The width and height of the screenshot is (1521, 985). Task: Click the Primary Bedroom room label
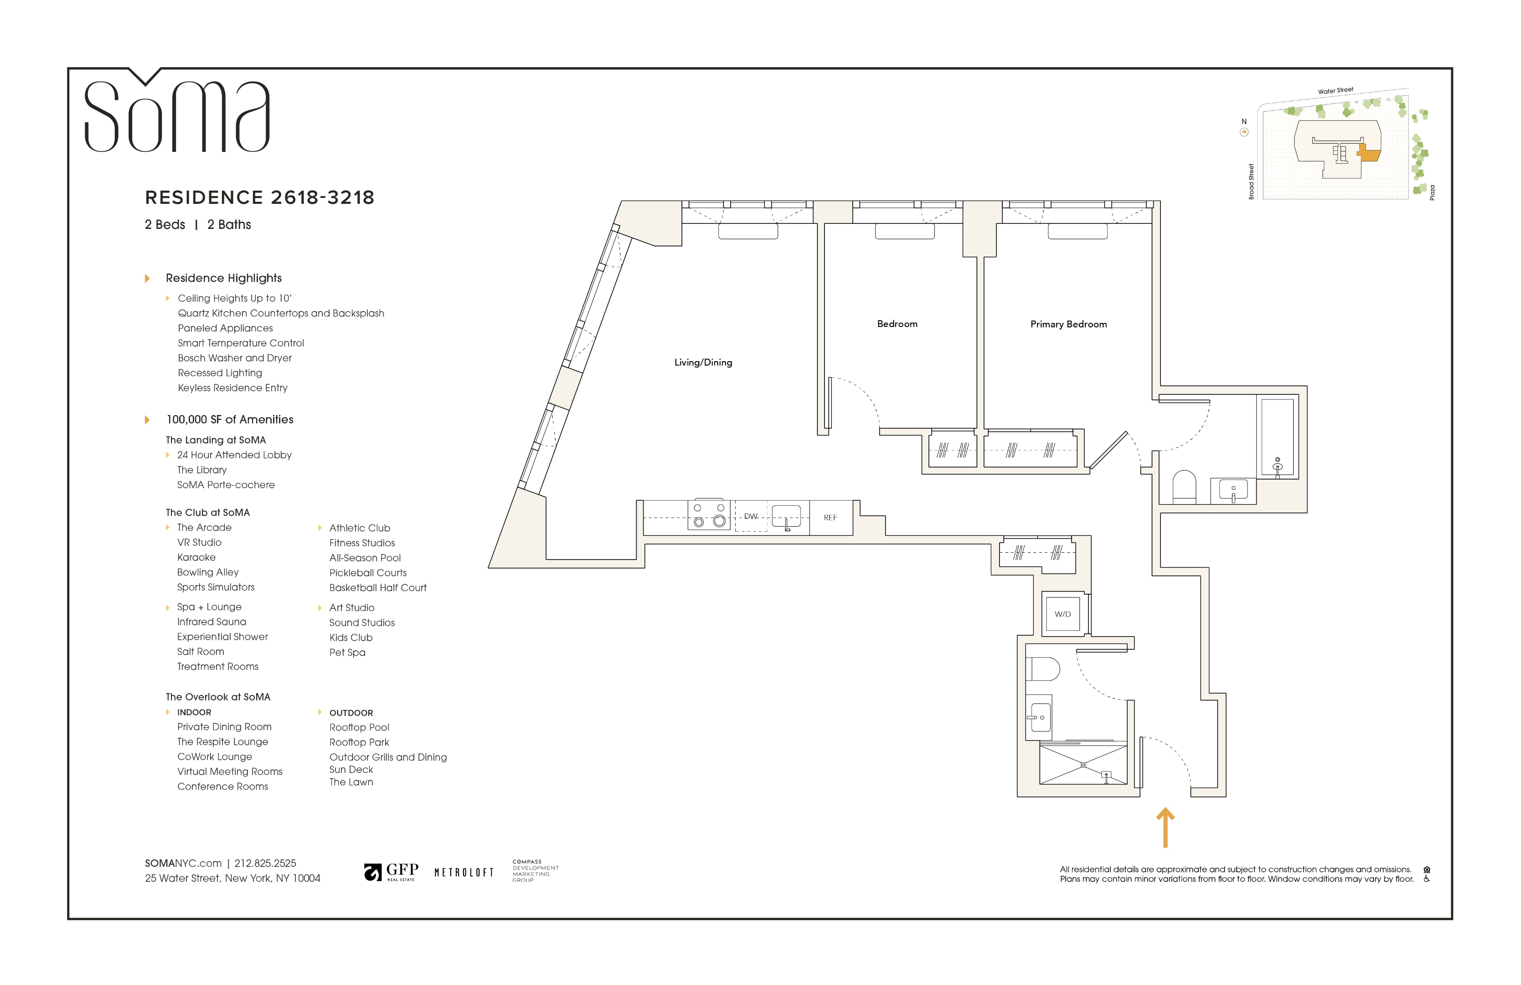1068,324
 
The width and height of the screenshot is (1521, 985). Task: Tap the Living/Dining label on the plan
703,363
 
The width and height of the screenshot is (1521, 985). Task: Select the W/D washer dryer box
1062,614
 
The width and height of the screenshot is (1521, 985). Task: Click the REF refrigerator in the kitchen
830,518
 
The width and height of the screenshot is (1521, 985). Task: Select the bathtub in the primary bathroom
1277,437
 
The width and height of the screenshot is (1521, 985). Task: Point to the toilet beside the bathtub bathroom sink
1184,487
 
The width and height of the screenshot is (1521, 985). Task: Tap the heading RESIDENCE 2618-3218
259,197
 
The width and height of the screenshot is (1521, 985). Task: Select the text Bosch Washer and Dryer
235,358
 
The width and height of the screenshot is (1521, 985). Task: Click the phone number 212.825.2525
265,863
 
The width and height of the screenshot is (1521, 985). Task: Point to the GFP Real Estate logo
391,872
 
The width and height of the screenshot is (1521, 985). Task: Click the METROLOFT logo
464,872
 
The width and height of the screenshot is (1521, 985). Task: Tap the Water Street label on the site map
1335,91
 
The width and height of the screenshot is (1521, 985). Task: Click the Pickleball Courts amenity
367,573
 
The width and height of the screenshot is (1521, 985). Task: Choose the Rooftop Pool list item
359,727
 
